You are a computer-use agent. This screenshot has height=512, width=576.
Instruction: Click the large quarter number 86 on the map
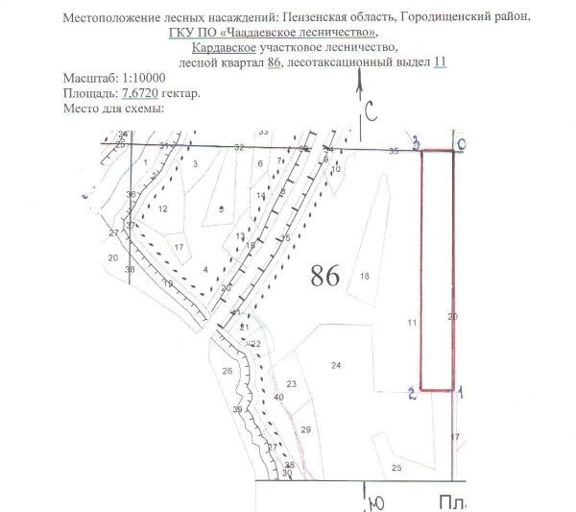(x=326, y=277)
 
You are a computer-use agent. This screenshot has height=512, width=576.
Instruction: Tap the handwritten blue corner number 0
(x=462, y=144)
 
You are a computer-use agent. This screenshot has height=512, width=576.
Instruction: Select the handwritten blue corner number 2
(x=412, y=392)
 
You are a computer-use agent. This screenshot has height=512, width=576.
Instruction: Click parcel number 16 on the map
(x=364, y=277)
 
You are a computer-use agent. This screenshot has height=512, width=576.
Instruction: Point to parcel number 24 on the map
(x=336, y=365)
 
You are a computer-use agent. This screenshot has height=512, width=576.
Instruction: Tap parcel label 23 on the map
(x=292, y=384)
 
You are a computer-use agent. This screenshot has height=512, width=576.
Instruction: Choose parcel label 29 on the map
(x=305, y=428)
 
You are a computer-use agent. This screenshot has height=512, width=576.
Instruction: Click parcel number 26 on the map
(x=228, y=371)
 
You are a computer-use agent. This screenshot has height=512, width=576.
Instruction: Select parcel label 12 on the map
(x=163, y=208)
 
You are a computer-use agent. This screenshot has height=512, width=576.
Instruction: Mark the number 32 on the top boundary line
(x=239, y=147)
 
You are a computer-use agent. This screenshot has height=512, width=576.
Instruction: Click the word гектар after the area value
(x=179, y=93)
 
